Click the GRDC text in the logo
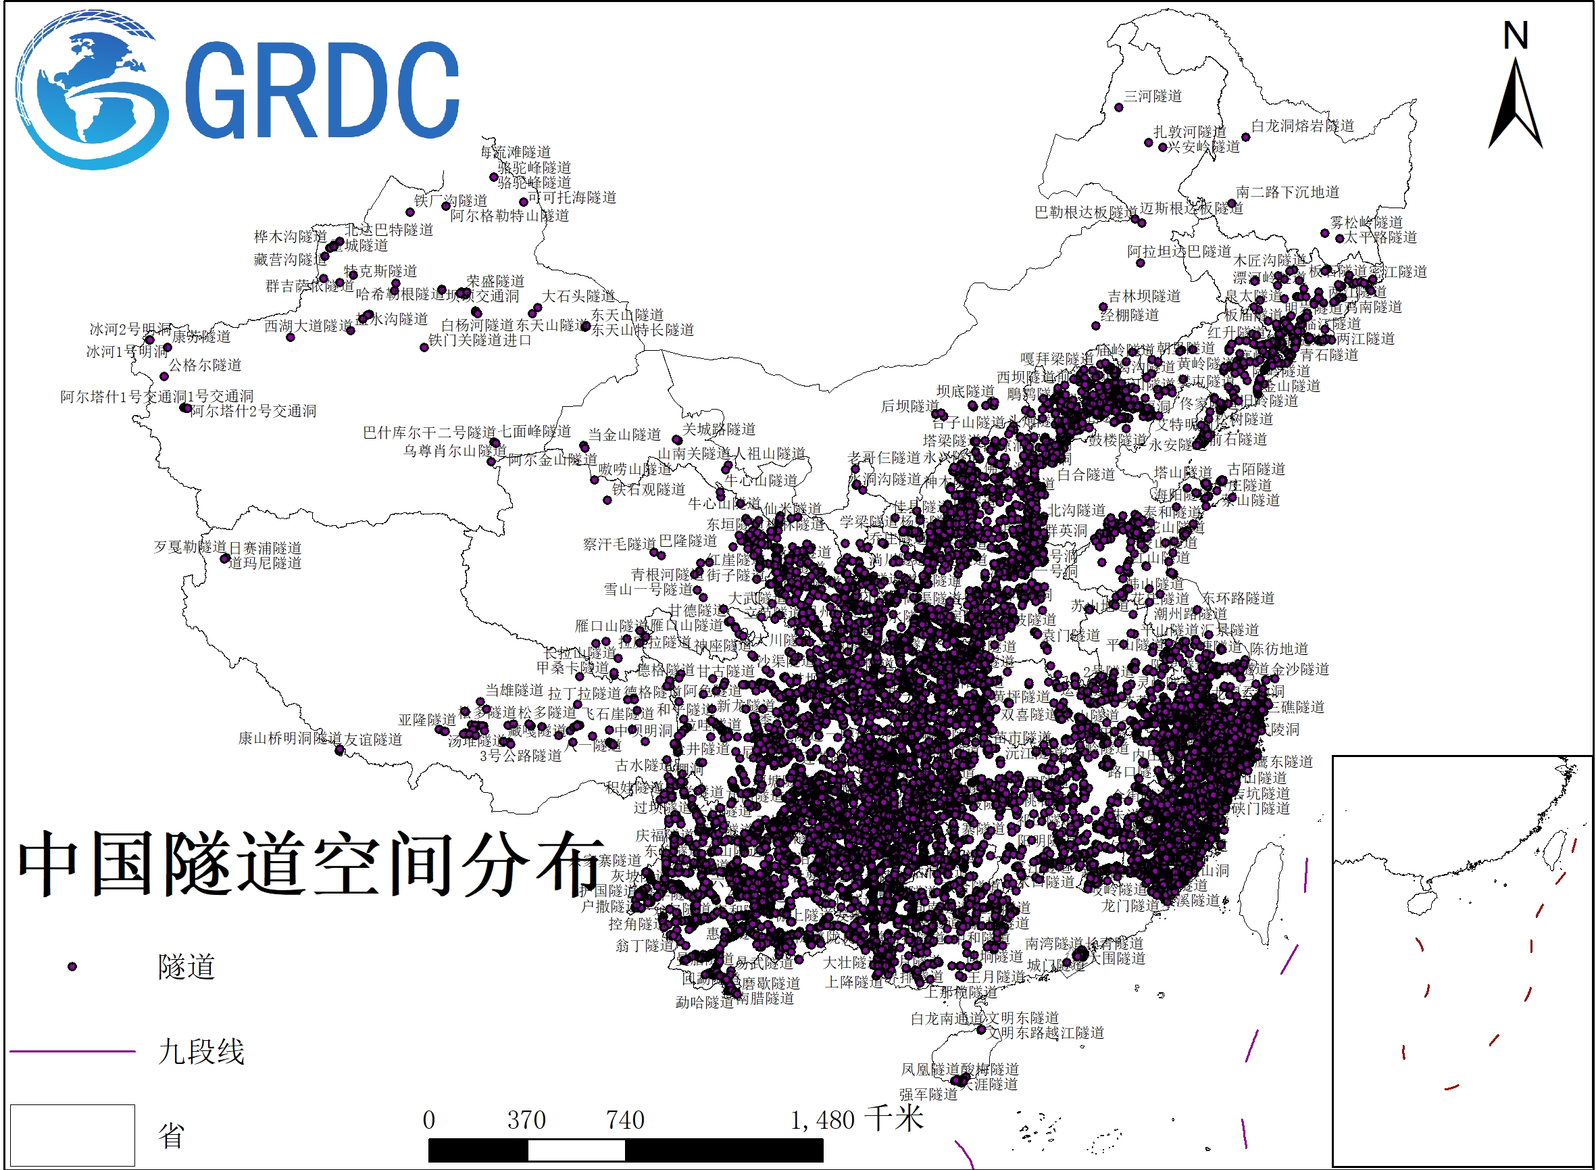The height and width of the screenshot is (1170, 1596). pyautogui.click(x=322, y=90)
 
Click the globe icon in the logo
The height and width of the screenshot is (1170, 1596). pyautogui.click(x=92, y=90)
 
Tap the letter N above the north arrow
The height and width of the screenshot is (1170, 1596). pyautogui.click(x=1516, y=35)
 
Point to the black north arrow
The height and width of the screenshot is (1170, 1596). pyautogui.click(x=1516, y=106)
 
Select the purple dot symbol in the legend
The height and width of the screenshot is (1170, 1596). pyautogui.click(x=72, y=967)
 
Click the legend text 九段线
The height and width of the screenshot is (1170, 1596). pyautogui.click(x=201, y=1052)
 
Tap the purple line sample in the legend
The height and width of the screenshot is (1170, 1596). pyautogui.click(x=72, y=1052)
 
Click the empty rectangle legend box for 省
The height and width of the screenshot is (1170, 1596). pyautogui.click(x=72, y=1135)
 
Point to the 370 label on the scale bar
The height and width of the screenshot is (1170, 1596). pyautogui.click(x=526, y=1121)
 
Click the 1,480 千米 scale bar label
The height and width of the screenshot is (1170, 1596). pyautogui.click(x=857, y=1120)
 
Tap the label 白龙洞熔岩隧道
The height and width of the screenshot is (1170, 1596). pyautogui.click(x=1303, y=126)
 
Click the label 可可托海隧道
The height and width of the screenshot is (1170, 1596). pyautogui.click(x=572, y=197)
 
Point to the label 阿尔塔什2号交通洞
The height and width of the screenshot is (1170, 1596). pyautogui.click(x=253, y=412)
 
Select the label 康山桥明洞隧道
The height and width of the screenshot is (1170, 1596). pyautogui.click(x=289, y=739)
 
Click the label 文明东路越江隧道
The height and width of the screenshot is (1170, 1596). pyautogui.click(x=1046, y=1033)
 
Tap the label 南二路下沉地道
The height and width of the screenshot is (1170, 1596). pyautogui.click(x=1287, y=193)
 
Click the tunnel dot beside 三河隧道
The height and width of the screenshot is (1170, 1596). pyautogui.click(x=1119, y=107)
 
